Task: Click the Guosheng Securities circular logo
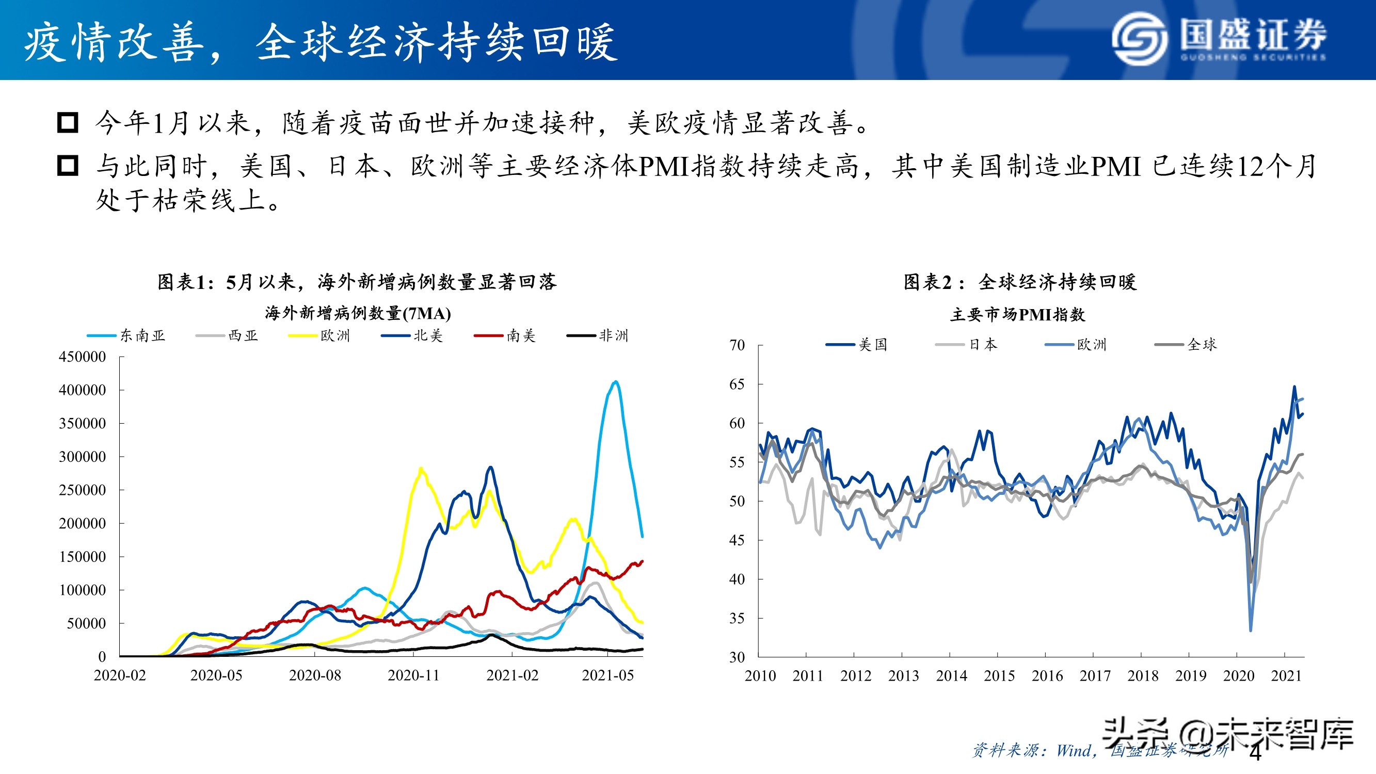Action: coord(1140,39)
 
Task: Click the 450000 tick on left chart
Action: coord(82,357)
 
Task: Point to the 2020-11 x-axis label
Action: coord(413,675)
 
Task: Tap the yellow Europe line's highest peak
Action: coord(421,469)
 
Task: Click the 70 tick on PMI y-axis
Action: coord(737,346)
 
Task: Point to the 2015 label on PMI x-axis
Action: coord(999,676)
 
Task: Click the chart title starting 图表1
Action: coord(357,282)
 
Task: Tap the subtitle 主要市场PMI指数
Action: coord(1018,315)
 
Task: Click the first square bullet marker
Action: coord(68,123)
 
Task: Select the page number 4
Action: coord(1256,753)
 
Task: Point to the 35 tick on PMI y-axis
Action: coord(737,619)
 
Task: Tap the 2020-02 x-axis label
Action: coord(120,675)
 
